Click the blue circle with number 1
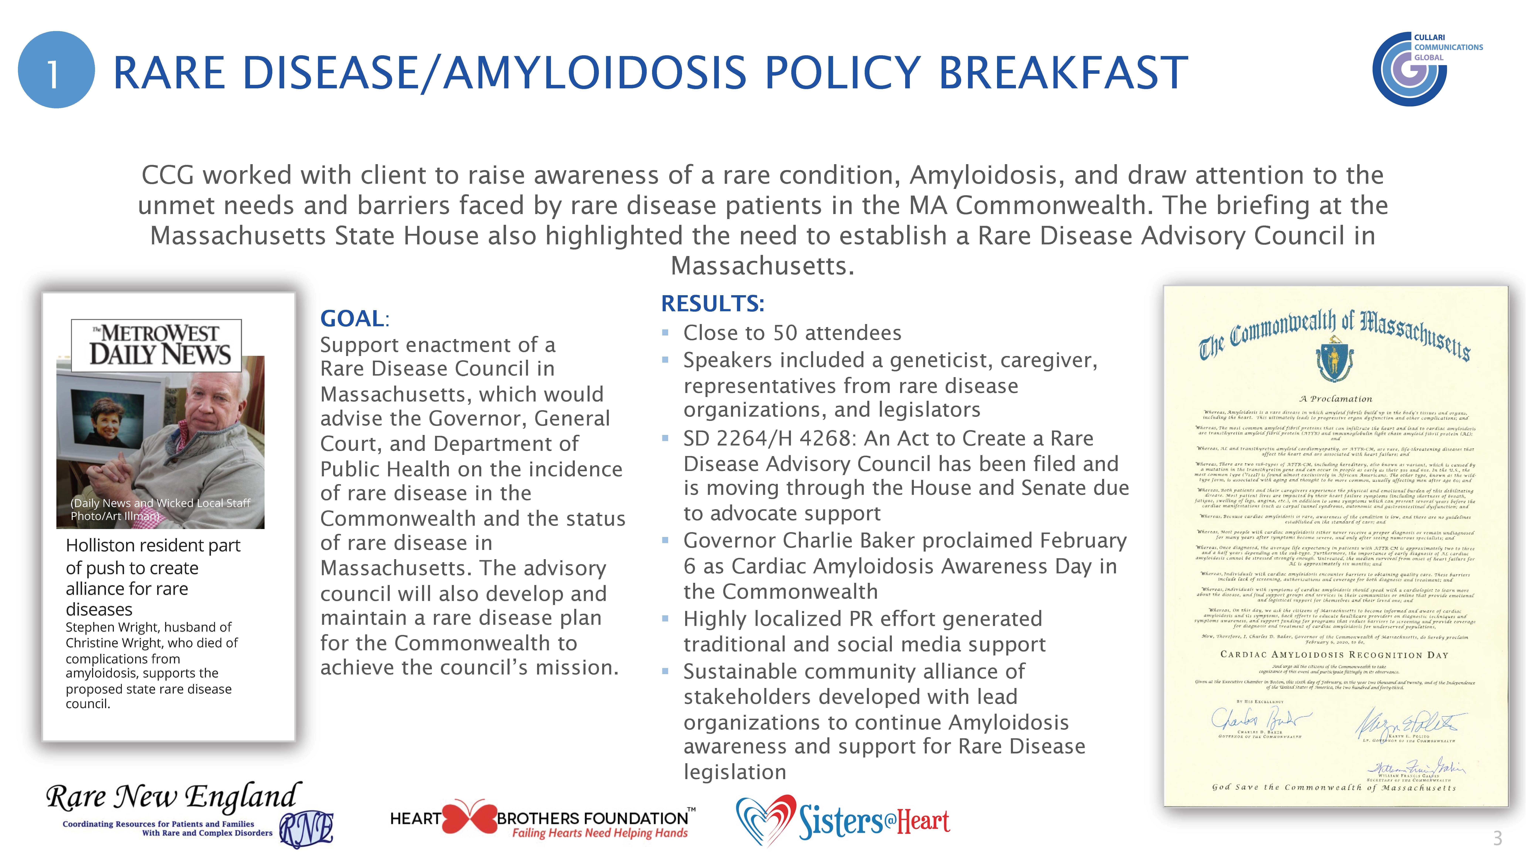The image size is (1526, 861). pyautogui.click(x=56, y=70)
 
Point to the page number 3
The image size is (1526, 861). pyautogui.click(x=1497, y=838)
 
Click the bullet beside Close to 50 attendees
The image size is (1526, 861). pyautogui.click(x=665, y=333)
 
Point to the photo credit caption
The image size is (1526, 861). pyautogui.click(x=160, y=509)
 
